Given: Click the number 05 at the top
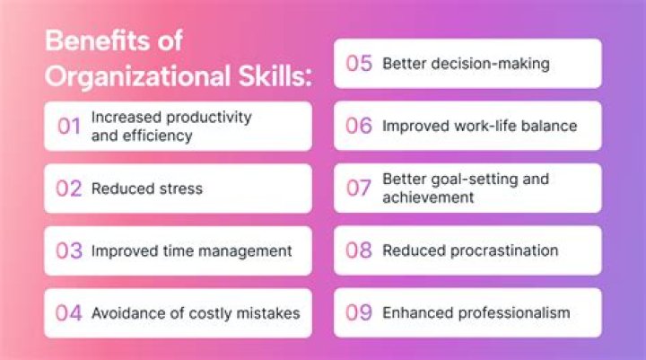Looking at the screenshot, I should click(359, 64).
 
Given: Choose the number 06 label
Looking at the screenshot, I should click(359, 126).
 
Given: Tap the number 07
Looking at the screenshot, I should click(359, 189).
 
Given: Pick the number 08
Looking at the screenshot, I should click(359, 250).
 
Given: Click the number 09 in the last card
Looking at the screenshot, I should click(359, 313).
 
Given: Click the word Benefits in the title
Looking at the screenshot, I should click(87, 41).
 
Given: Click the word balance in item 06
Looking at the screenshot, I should click(547, 126).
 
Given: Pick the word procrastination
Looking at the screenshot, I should click(502, 250).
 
